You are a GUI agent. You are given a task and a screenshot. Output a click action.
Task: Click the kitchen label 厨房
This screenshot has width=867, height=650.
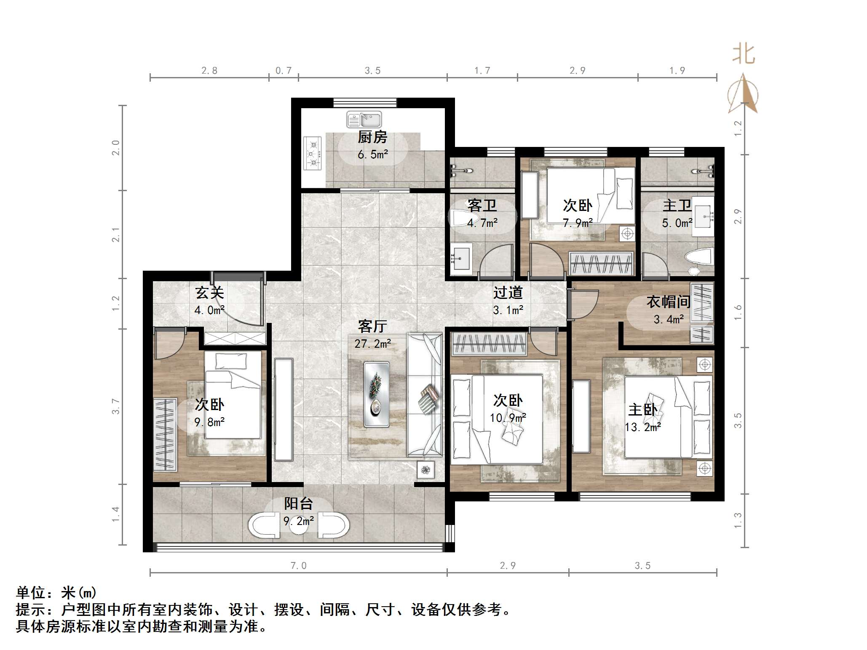372,137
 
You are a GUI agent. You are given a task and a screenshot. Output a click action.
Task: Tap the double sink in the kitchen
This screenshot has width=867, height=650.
364,120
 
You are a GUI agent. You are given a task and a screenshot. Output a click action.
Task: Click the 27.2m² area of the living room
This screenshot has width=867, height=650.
373,344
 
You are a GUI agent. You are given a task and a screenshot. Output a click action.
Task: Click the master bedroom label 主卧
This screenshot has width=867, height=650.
642,410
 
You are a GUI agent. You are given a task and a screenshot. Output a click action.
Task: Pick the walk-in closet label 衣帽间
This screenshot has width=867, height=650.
669,301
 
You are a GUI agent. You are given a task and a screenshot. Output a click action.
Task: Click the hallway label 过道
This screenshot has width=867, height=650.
508,292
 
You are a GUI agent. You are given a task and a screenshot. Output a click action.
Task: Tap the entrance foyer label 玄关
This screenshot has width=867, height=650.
209,293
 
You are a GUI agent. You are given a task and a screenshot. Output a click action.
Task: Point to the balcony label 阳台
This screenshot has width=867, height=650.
298,503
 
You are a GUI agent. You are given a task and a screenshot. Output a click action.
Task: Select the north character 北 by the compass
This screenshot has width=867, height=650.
744,54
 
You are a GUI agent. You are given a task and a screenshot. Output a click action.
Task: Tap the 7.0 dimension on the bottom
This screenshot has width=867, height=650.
298,566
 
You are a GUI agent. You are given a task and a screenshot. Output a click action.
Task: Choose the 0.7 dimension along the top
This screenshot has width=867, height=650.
284,71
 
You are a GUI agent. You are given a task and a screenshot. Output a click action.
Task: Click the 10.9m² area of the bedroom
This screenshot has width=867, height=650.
508,418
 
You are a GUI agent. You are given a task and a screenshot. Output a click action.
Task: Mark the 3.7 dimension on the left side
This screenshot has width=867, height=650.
115,406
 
